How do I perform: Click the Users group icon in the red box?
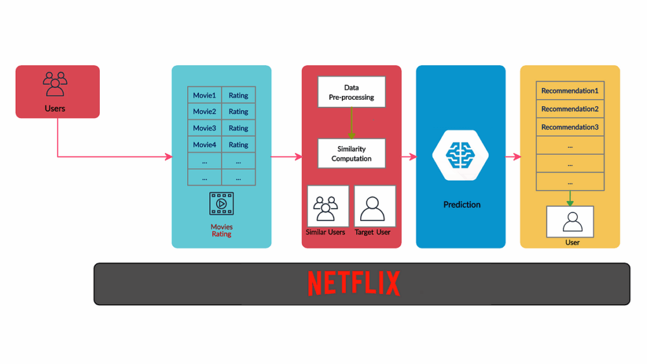tap(55, 83)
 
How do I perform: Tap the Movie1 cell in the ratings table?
tap(205, 95)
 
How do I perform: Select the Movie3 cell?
tap(205, 128)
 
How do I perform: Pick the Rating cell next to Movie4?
tap(238, 145)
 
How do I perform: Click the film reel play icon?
tap(221, 204)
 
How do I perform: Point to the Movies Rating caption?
tap(221, 230)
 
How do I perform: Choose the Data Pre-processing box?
tap(351, 92)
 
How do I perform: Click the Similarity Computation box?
tap(351, 154)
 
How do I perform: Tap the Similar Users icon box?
tap(327, 206)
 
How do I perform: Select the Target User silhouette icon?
tap(374, 206)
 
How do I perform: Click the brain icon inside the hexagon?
tap(461, 154)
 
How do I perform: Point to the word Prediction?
tap(462, 205)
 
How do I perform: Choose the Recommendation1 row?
tap(570, 91)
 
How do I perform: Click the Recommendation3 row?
tap(570, 127)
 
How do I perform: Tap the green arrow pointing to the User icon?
tap(570, 198)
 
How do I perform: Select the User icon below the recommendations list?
tap(570, 221)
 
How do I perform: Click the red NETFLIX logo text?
tap(354, 284)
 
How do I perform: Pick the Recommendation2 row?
tap(570, 109)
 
